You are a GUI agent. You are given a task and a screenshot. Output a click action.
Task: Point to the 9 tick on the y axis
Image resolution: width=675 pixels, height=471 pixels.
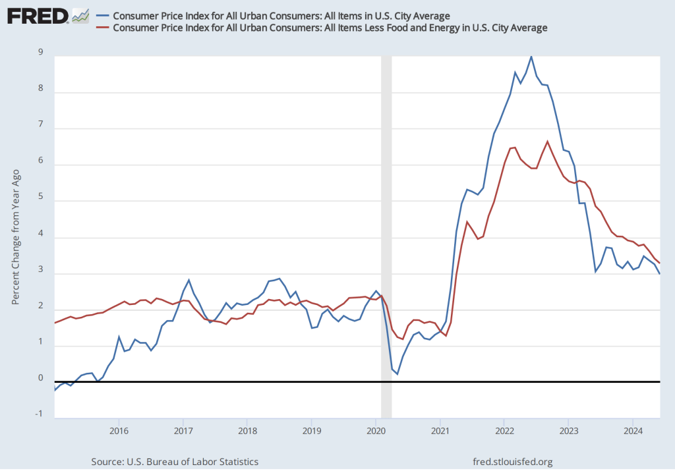click(40, 53)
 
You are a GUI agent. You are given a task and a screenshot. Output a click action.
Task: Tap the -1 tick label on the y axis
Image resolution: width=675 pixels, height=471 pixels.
click(39, 414)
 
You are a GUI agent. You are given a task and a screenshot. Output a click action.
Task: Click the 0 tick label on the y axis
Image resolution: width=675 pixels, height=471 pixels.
click(40, 378)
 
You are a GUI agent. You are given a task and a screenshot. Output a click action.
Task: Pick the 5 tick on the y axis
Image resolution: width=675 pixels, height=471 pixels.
click(40, 197)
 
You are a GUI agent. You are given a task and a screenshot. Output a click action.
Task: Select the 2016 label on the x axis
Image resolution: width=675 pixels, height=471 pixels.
click(119, 431)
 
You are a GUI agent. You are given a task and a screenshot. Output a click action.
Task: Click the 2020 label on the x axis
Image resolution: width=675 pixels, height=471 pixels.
click(376, 431)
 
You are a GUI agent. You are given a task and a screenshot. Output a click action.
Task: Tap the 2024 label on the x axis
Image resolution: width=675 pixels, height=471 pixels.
click(633, 431)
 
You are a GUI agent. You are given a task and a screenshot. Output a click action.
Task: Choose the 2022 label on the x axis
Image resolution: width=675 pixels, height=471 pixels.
click(504, 431)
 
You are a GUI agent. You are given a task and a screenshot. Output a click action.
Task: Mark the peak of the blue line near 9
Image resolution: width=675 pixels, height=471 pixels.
click(531, 57)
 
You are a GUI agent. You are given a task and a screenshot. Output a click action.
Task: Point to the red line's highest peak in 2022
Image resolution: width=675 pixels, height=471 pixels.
click(547, 142)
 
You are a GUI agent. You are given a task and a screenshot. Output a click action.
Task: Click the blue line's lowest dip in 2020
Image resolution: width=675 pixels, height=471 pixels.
click(397, 374)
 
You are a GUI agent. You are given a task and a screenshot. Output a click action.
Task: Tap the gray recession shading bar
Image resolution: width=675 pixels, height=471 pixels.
click(386, 237)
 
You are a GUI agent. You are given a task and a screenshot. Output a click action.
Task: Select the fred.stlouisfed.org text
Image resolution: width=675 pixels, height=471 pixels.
click(513, 462)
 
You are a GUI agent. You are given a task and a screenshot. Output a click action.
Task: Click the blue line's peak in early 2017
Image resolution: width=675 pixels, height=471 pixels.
click(189, 280)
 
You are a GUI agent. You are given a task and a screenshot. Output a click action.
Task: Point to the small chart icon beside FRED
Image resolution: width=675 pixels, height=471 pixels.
click(80, 15)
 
